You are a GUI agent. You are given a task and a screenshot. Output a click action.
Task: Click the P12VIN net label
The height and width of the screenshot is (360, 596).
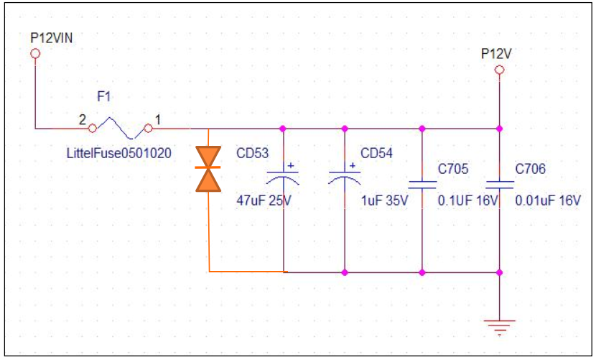click(x=51, y=38)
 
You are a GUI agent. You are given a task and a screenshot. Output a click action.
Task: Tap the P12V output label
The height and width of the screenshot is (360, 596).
click(x=496, y=54)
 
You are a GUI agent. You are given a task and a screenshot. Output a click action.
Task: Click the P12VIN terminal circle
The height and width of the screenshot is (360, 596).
click(x=35, y=54)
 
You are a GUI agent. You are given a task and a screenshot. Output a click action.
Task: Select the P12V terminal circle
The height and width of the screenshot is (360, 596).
click(x=500, y=70)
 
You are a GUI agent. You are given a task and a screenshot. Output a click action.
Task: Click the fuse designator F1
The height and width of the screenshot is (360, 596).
click(x=104, y=97)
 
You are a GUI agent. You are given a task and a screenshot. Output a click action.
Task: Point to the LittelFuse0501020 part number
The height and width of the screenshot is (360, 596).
click(x=119, y=153)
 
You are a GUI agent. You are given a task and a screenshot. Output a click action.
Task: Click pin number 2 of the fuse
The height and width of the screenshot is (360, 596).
click(x=82, y=120)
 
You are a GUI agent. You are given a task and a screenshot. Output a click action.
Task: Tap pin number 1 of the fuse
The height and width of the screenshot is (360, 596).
click(x=158, y=120)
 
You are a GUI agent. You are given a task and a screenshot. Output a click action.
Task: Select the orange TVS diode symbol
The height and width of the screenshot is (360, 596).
click(x=208, y=169)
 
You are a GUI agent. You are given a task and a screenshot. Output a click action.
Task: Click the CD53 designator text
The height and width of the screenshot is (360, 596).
click(x=252, y=153)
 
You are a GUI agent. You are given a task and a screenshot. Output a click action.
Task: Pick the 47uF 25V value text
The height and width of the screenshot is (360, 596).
click(x=264, y=200)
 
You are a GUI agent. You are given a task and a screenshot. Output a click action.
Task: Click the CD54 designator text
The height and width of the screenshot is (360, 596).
click(x=376, y=153)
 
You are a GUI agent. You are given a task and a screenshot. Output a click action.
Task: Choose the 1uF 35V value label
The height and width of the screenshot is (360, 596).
click(x=384, y=200)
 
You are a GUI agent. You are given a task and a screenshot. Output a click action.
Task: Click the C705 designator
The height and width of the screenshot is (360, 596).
click(x=453, y=169)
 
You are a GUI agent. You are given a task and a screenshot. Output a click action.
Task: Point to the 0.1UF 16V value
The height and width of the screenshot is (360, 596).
click(x=467, y=200)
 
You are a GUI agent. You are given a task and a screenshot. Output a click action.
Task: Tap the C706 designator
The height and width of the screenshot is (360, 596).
click(x=530, y=169)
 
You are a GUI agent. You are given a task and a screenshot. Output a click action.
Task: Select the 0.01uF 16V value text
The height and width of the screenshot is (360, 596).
click(x=548, y=200)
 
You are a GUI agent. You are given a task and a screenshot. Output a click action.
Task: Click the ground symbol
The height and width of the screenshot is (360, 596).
click(x=500, y=327)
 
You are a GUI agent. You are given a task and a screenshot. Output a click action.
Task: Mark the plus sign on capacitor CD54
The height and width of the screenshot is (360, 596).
click(x=353, y=165)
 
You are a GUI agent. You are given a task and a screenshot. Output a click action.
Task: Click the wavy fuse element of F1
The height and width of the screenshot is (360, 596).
click(x=120, y=128)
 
